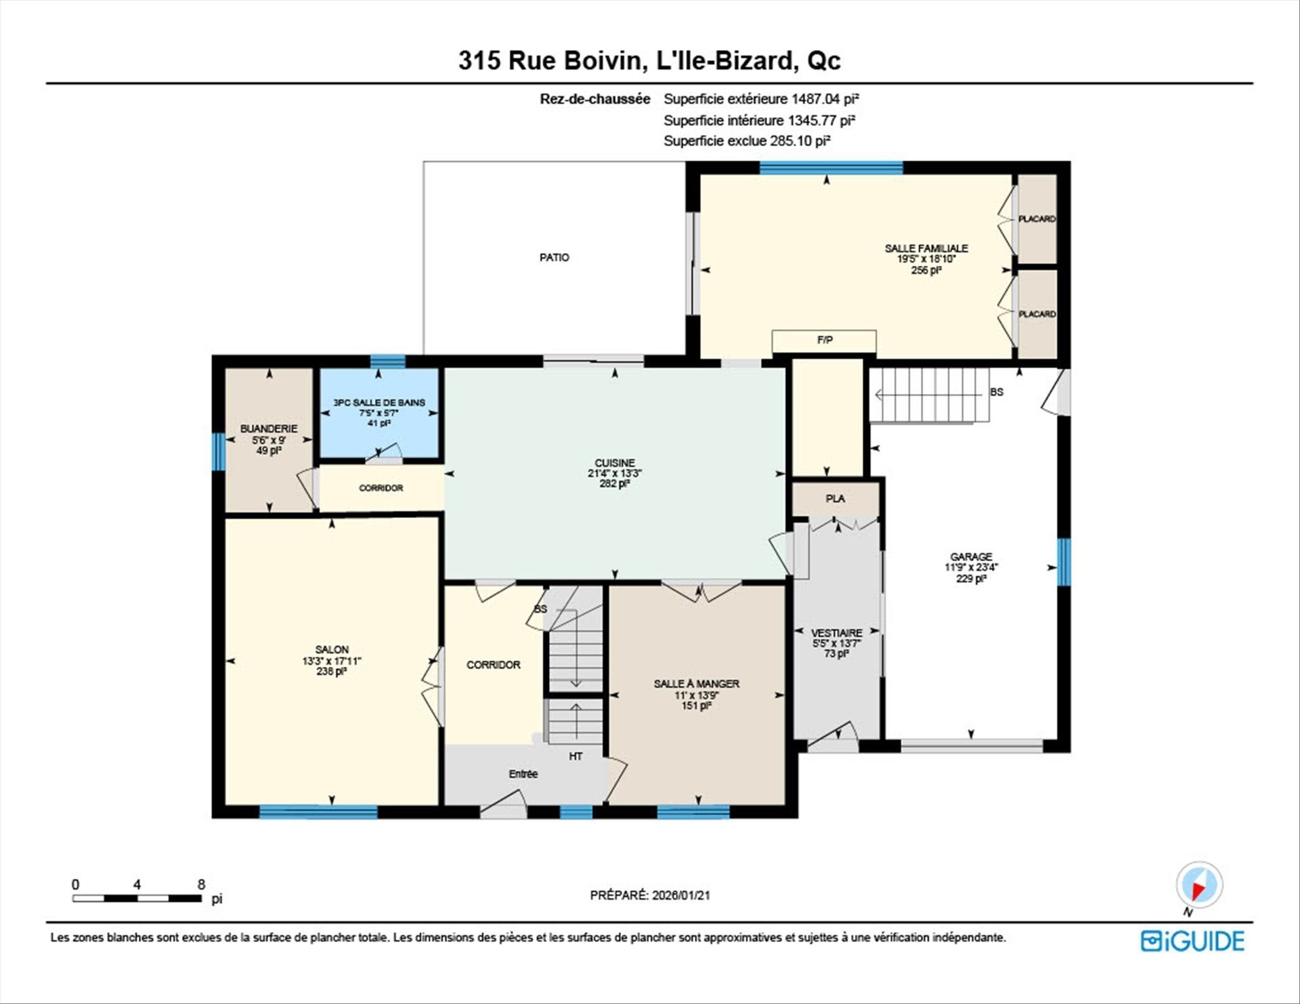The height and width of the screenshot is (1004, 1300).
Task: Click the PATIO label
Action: click(x=554, y=257)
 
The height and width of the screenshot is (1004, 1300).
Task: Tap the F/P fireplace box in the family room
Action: click(x=824, y=341)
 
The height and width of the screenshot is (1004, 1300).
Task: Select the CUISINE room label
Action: click(x=615, y=463)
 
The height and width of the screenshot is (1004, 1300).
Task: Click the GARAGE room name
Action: click(x=971, y=556)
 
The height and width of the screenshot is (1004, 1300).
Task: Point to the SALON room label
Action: click(x=332, y=649)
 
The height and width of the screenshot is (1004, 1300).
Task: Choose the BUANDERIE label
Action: click(x=269, y=429)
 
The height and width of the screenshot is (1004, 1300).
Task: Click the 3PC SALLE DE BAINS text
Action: click(x=379, y=402)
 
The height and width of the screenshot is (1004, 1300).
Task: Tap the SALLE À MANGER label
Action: click(x=696, y=684)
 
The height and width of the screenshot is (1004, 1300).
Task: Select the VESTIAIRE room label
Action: click(x=837, y=633)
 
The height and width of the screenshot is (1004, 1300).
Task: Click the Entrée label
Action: click(x=523, y=774)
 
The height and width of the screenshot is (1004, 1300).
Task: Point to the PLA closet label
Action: click(x=835, y=498)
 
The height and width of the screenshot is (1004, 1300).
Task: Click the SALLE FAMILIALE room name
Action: click(x=926, y=248)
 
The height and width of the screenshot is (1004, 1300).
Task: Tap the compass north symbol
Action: click(x=1199, y=885)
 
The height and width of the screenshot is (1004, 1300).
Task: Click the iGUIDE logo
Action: click(x=1192, y=941)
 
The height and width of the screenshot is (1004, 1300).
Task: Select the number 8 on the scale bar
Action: click(x=201, y=884)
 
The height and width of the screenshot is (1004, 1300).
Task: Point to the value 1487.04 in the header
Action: click(x=816, y=99)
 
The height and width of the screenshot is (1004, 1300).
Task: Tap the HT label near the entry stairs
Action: click(x=576, y=756)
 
